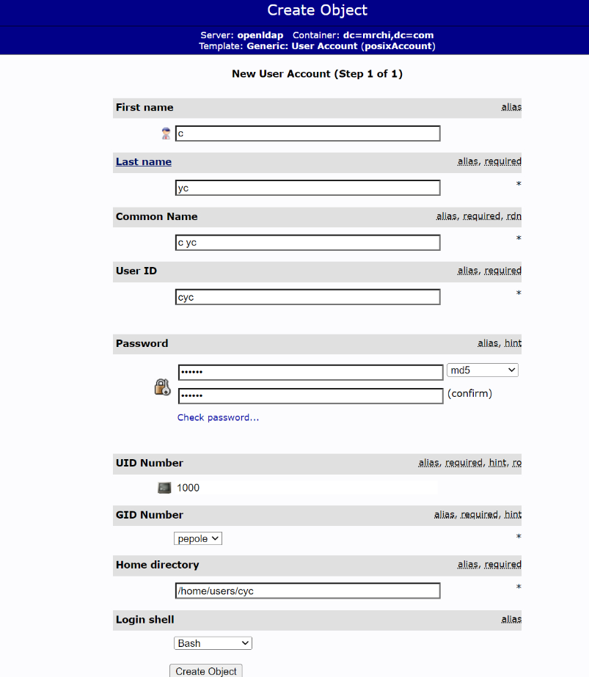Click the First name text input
(307, 133)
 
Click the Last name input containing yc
(307, 188)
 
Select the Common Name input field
(307, 243)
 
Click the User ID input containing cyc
(307, 297)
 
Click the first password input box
(310, 373)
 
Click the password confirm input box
(310, 396)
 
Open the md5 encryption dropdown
(482, 370)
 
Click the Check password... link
(218, 418)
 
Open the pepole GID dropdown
(198, 538)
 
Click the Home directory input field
(307, 590)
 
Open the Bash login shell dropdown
(213, 643)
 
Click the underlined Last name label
(144, 162)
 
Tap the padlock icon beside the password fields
(162, 387)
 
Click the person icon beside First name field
(166, 133)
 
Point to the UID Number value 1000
(188, 488)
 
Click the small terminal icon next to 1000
(164, 488)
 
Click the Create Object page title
(317, 11)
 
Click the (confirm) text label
(469, 394)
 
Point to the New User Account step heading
(317, 74)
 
